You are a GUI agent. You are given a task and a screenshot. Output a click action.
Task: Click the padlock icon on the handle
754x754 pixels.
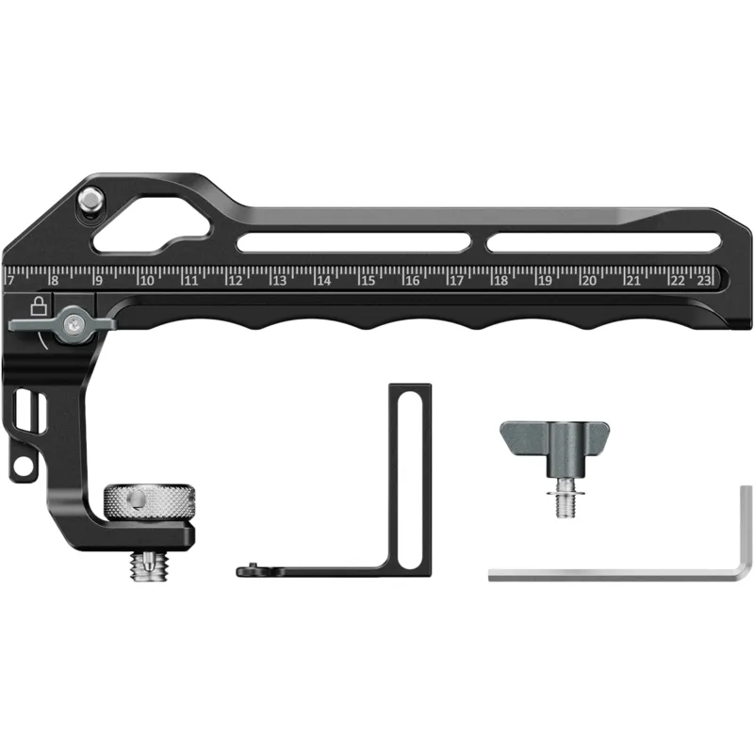[39, 305]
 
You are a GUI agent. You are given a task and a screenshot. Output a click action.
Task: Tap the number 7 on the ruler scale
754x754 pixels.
[11, 280]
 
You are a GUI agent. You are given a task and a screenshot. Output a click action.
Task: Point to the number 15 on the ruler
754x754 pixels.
[369, 280]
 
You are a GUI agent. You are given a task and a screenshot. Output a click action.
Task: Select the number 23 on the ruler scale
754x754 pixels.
[703, 280]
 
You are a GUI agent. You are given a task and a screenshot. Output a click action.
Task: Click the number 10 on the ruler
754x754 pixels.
[147, 280]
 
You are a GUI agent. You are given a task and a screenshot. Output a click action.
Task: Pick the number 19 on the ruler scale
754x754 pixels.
[545, 280]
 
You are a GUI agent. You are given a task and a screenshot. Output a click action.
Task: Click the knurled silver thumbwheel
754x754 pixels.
[150, 501]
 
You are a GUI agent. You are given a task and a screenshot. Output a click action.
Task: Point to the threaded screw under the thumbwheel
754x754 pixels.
[148, 566]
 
